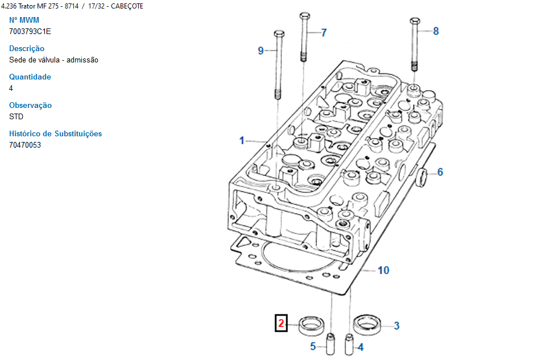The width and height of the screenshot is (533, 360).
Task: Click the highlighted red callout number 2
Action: point(281,324)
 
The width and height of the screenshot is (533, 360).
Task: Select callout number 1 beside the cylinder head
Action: point(241,140)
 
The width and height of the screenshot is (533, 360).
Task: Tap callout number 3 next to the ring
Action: point(397,325)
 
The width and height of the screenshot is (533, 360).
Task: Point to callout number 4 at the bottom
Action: point(360,346)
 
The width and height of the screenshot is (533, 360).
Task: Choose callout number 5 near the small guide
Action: point(313,346)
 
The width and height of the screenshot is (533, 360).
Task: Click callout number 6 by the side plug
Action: point(440,172)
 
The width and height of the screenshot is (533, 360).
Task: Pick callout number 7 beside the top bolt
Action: point(324,32)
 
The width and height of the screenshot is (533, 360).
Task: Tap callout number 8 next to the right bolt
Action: point(436,31)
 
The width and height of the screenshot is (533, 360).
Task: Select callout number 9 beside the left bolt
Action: point(261,51)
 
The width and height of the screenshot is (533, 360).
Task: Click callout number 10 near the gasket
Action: point(384,270)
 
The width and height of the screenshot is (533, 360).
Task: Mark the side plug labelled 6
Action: point(423,176)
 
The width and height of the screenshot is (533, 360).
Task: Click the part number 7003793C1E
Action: point(30,31)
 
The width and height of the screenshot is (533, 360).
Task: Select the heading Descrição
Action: point(27,48)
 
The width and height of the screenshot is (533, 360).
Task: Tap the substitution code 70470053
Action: point(25,145)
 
